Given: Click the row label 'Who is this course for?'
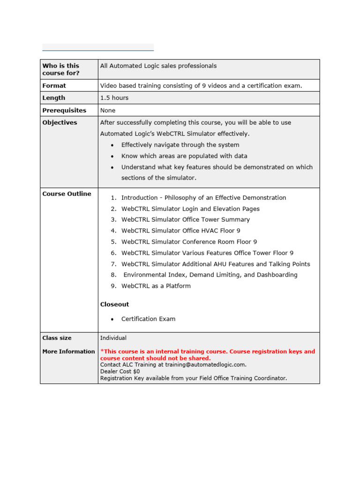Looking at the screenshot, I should (61, 69).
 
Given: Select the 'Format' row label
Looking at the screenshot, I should (54, 86).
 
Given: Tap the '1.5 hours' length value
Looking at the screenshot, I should (114, 98).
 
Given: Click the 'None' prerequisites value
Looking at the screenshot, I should (108, 111).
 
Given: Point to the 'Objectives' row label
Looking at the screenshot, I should (60, 123).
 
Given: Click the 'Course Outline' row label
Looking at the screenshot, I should (67, 194).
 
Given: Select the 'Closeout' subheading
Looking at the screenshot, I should (115, 305).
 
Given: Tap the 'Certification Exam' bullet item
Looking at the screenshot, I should (148, 319).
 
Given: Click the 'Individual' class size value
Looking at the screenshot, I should (113, 338).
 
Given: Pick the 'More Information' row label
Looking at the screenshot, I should (68, 352).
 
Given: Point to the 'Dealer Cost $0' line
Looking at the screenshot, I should (120, 371).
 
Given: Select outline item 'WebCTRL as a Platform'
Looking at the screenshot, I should (156, 286).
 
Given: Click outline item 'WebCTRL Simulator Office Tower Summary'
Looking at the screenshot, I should (186, 220).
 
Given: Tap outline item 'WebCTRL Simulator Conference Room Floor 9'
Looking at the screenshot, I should (189, 242).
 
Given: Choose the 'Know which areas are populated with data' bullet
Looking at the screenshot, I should (184, 156).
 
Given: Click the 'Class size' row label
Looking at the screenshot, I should (57, 338).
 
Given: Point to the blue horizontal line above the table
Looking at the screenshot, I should (98, 50).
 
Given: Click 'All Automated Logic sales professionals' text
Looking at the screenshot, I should (158, 66).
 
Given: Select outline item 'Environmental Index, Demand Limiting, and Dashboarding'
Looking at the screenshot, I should (210, 275).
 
